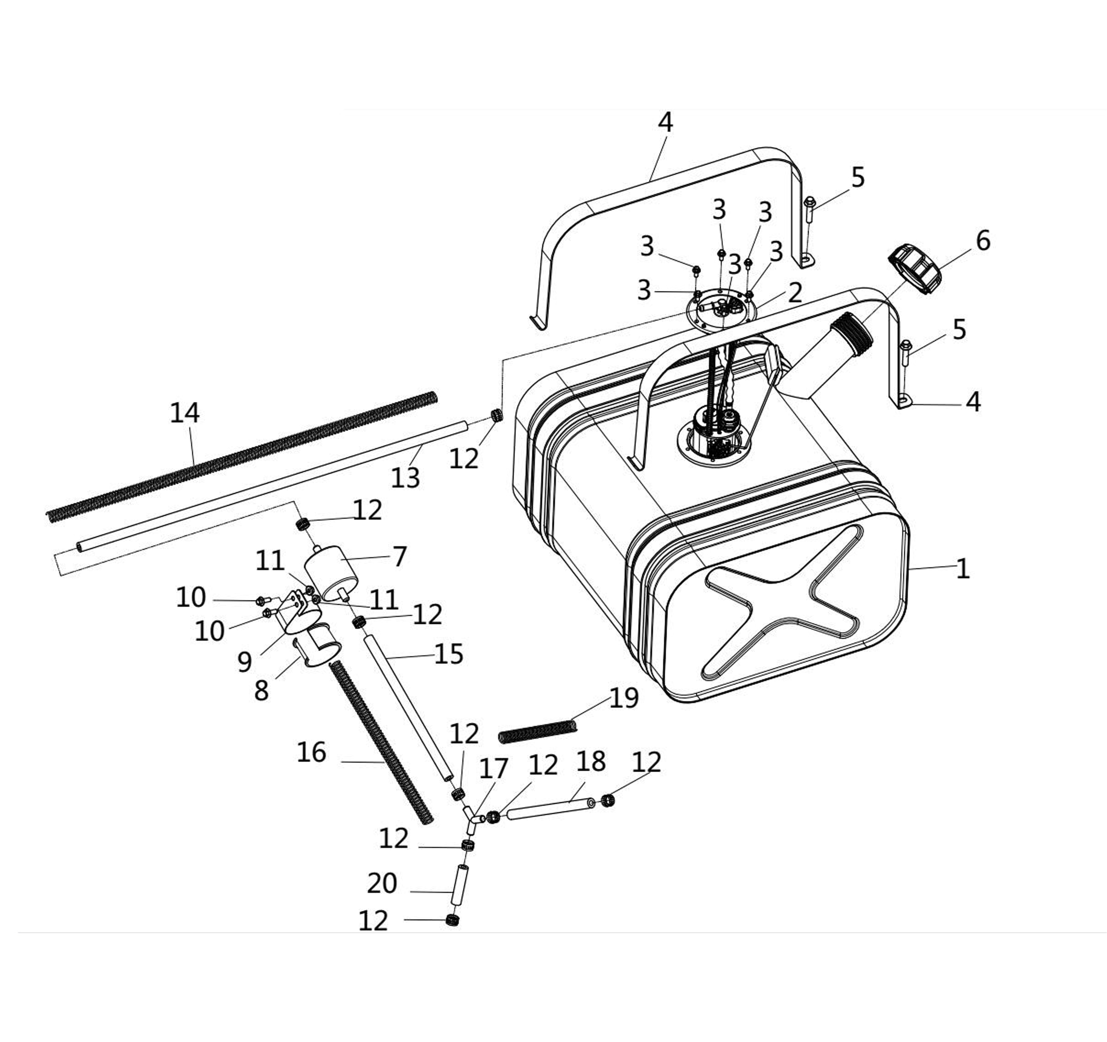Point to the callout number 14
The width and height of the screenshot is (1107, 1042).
click(184, 413)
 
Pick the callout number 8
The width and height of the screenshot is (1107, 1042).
click(261, 691)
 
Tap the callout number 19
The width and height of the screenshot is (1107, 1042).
click(624, 698)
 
